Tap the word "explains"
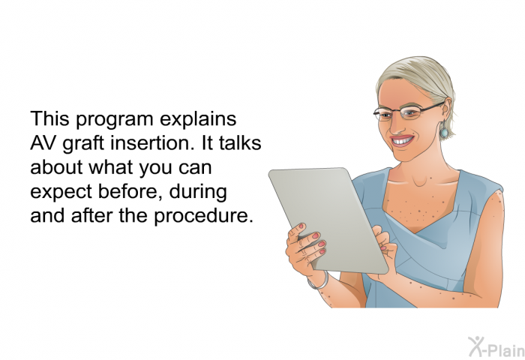(x=198, y=120)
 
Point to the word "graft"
(x=84, y=144)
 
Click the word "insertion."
(x=152, y=142)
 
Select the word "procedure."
(x=203, y=216)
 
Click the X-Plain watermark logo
(x=496, y=346)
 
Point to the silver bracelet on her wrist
(x=319, y=282)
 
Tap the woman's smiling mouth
(x=403, y=141)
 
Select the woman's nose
(x=397, y=124)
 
